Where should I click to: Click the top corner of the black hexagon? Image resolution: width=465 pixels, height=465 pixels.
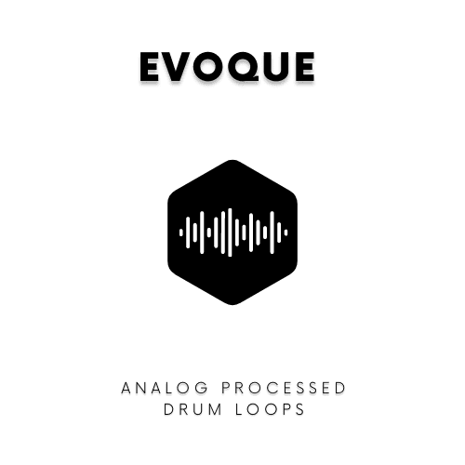coord(232,162)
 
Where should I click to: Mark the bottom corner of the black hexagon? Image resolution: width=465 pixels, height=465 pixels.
coord(232,303)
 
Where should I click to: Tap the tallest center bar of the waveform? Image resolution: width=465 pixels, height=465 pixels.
coord(232,232)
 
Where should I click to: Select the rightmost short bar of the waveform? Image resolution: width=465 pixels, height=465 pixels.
coord(286,232)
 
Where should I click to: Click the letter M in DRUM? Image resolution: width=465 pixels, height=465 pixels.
coord(211,409)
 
